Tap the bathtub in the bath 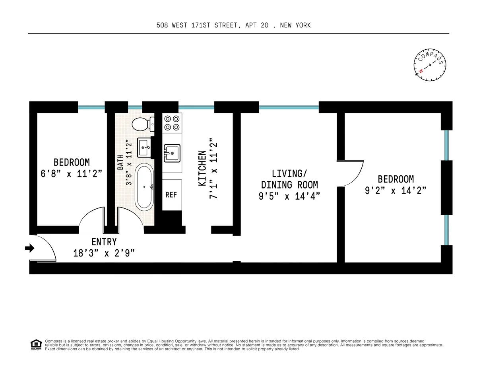144,187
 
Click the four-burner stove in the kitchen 172,123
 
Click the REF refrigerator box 171,195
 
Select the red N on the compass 420,72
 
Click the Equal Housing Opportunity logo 36,344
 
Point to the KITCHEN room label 202,168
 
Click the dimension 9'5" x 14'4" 289,196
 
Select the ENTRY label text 104,242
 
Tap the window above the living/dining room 289,107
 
